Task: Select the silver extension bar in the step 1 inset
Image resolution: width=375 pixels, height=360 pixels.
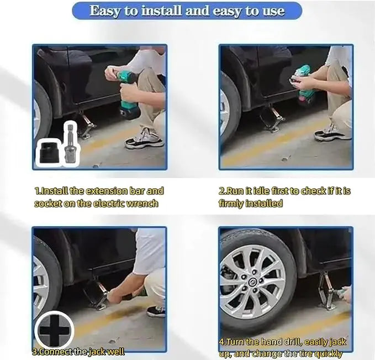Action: (x=70, y=145)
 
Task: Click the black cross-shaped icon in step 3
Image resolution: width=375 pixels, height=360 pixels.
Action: (x=54, y=330)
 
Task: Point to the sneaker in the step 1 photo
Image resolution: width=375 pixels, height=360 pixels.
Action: (x=145, y=140)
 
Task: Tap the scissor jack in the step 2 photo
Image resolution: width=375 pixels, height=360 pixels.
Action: (x=273, y=119)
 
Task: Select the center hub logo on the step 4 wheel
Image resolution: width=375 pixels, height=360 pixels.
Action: (x=252, y=282)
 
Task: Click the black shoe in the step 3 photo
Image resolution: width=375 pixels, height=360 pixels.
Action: (x=156, y=311)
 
